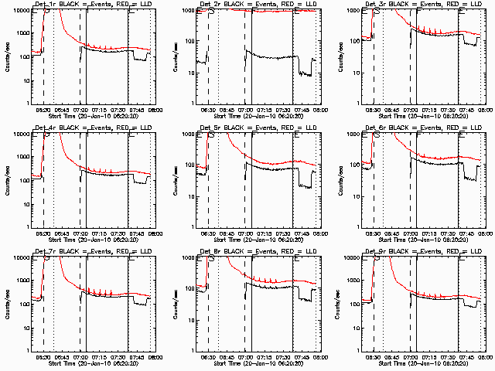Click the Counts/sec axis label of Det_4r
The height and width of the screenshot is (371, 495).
(6, 181)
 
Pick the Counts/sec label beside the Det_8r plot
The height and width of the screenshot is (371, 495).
(172, 305)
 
